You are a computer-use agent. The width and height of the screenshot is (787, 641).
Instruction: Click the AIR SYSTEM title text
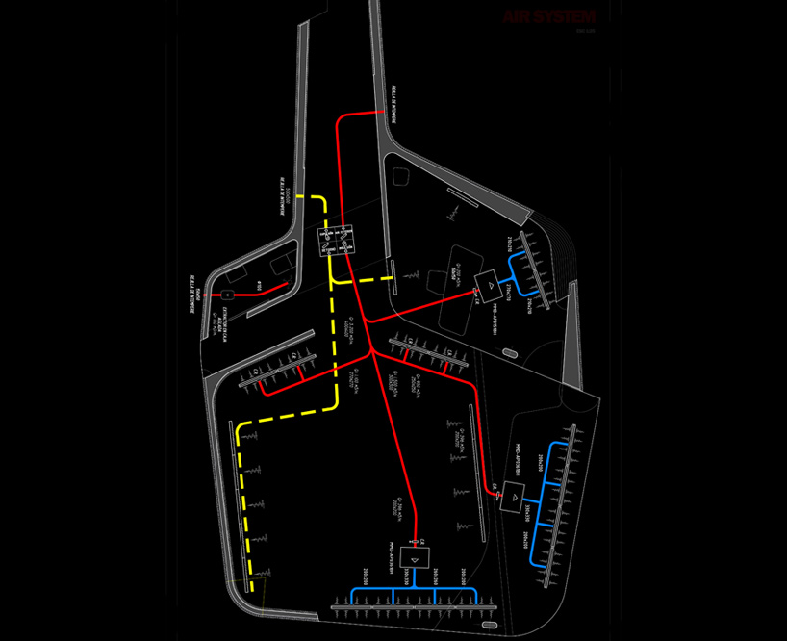(x=549, y=17)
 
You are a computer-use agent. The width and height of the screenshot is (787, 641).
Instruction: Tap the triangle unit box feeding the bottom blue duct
(x=415, y=557)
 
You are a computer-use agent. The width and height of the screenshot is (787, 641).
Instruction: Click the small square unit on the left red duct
(x=228, y=294)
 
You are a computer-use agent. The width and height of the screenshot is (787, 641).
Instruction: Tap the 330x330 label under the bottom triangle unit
(x=408, y=577)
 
